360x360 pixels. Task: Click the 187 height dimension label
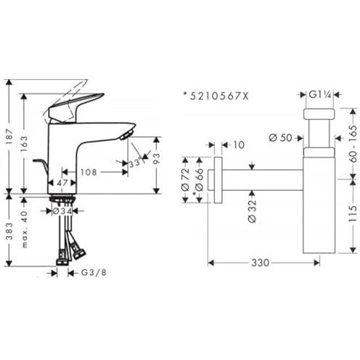pyautogui.click(x=9, y=137)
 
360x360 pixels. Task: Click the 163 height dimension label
pyautogui.click(x=24, y=144)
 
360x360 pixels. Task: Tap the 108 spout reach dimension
pyautogui.click(x=89, y=172)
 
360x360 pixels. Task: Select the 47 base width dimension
pyautogui.click(x=62, y=183)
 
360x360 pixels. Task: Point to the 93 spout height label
pyautogui.click(x=157, y=159)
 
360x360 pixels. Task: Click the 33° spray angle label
pyautogui.click(x=135, y=163)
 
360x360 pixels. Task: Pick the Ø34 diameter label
pyautogui.click(x=62, y=211)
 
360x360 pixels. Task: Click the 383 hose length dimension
pyautogui.click(x=9, y=231)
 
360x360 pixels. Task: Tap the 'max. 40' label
pyautogui.click(x=25, y=229)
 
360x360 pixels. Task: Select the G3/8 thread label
pyautogui.click(x=94, y=273)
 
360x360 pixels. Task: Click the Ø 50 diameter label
pyautogui.click(x=281, y=138)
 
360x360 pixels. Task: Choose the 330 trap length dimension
pyautogui.click(x=261, y=263)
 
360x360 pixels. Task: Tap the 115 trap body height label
pyautogui.click(x=353, y=213)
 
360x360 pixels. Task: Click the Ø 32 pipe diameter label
pyautogui.click(x=252, y=211)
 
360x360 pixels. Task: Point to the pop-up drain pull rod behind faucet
pyautogui.click(x=41, y=167)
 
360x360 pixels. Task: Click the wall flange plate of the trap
pyautogui.click(x=218, y=179)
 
